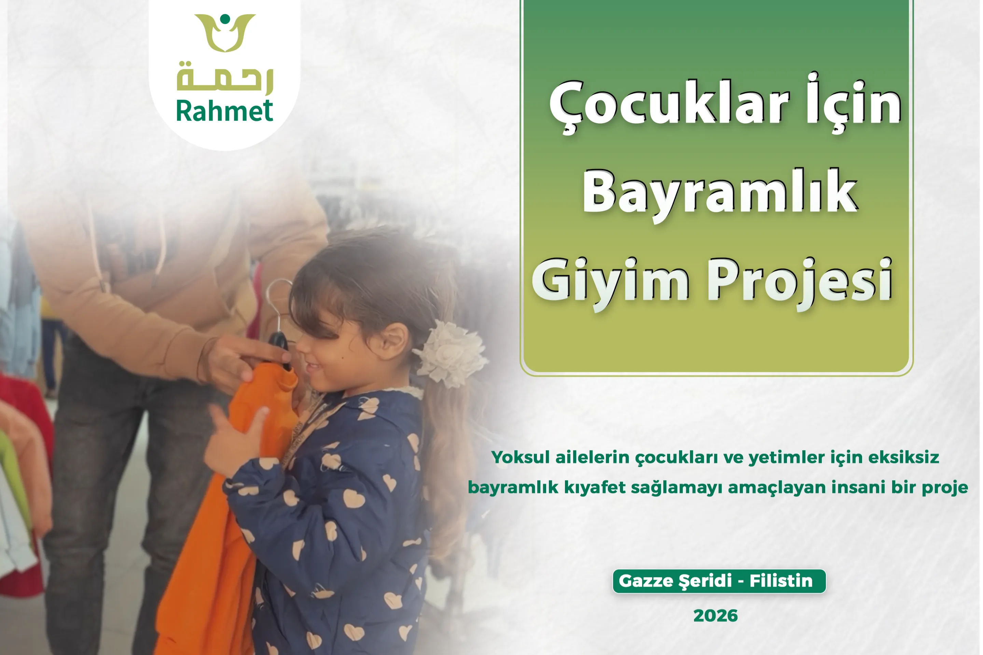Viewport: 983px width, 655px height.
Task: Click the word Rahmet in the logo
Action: tap(224, 111)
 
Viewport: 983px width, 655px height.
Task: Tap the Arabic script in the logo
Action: tap(225, 78)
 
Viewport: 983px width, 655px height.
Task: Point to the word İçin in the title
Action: tap(854, 103)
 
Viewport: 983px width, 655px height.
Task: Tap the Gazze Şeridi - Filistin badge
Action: tap(719, 581)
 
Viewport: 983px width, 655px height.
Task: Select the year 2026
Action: tap(716, 616)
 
